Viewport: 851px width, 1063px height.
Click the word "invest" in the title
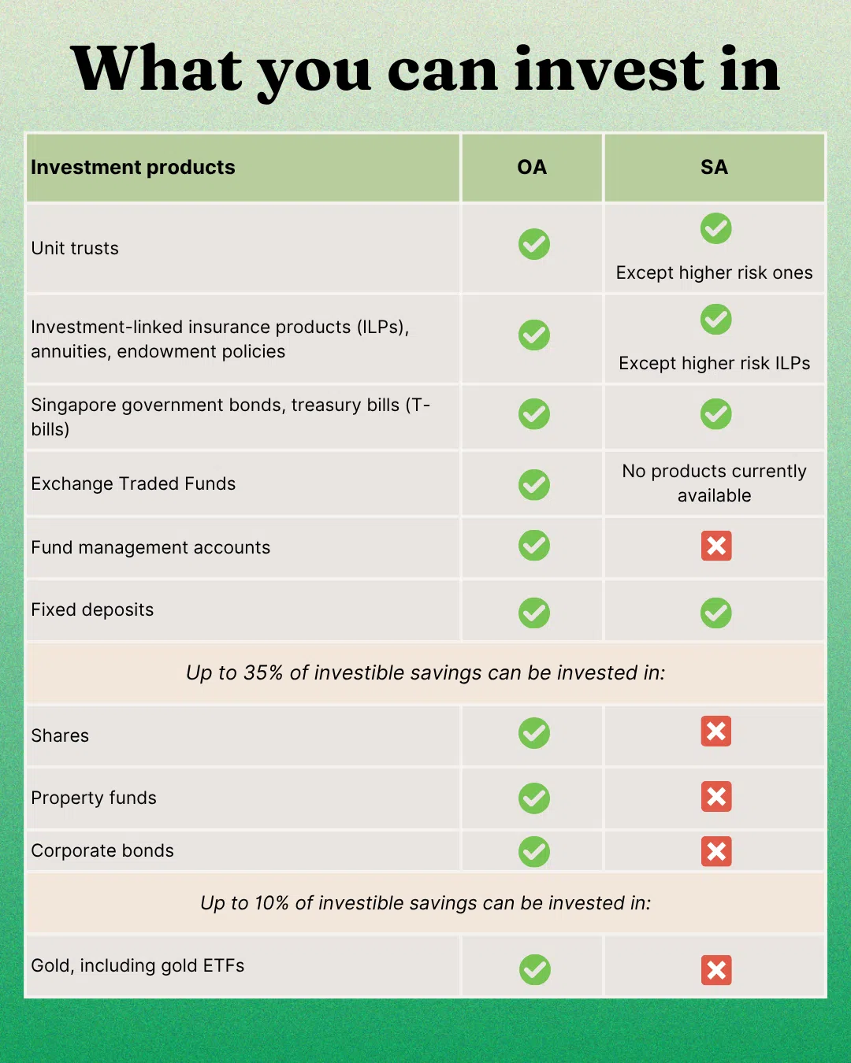[609, 69]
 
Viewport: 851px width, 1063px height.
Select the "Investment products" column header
[133, 168]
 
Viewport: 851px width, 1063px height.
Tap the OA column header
[532, 168]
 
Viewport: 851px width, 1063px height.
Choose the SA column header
[714, 168]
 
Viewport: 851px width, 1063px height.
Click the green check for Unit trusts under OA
[534, 244]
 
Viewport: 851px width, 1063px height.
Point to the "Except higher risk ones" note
[714, 272]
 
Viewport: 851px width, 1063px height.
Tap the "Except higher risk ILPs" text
[714, 363]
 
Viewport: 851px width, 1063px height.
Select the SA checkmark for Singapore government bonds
[715, 414]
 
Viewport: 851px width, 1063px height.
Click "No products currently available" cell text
[714, 483]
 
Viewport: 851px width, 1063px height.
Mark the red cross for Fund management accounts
[716, 546]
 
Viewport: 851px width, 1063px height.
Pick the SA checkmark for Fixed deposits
[715, 613]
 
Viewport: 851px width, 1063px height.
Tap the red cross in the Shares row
[716, 732]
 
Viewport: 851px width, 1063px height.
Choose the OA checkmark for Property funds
[534, 798]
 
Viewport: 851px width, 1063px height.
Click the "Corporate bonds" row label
[102, 850]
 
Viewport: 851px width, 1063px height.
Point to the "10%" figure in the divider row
[272, 903]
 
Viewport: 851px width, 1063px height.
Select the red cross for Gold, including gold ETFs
[716, 970]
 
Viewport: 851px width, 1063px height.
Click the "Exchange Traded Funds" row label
[133, 483]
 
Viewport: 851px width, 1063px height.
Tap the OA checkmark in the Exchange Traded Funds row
[534, 484]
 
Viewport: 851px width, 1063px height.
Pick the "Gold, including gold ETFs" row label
[138, 965]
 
